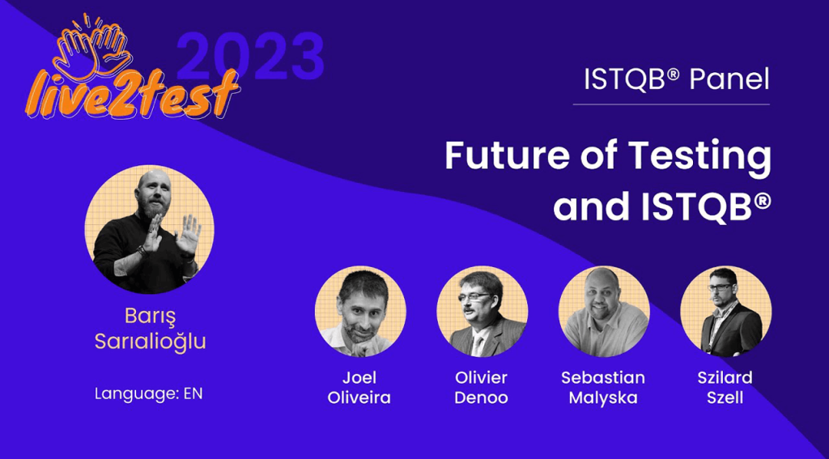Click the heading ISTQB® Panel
[676, 79]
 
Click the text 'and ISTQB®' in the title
[661, 206]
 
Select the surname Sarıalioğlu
[150, 341]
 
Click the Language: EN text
[148, 394]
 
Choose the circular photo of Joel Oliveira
[360, 312]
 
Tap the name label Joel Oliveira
[360, 388]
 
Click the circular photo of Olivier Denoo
[482, 312]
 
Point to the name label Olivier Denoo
[482, 388]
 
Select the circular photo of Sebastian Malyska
[604, 312]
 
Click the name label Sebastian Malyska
[604, 388]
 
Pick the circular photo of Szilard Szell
[725, 312]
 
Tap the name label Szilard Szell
[725, 388]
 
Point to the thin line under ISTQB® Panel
[671, 104]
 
